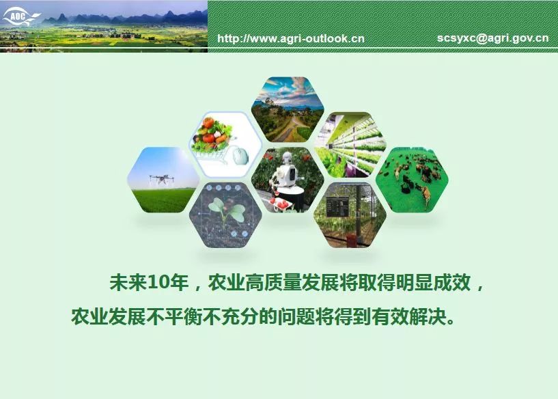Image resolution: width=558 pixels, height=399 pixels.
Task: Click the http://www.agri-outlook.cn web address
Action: pyautogui.click(x=291, y=38)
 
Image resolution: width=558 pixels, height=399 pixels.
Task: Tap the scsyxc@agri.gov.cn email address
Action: pyautogui.click(x=493, y=38)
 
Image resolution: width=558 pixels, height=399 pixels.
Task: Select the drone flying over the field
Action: pyautogui.click(x=162, y=179)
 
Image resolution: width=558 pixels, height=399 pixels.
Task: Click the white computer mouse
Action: pyautogui.click(x=240, y=156)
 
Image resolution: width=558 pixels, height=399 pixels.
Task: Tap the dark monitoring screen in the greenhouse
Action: pyautogui.click(x=337, y=206)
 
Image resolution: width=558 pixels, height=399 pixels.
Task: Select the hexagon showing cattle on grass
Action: pyautogui.click(x=412, y=180)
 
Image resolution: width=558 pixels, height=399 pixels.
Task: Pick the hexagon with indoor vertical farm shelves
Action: pyautogui.click(x=350, y=145)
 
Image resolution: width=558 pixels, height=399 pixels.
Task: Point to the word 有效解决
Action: pyautogui.click(x=408, y=316)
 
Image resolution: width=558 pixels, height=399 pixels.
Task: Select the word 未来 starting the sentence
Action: pyautogui.click(x=128, y=283)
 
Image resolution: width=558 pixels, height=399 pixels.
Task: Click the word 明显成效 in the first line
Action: pyautogui.click(x=434, y=283)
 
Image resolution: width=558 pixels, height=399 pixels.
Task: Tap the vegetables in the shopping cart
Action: pyautogui.click(x=212, y=135)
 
